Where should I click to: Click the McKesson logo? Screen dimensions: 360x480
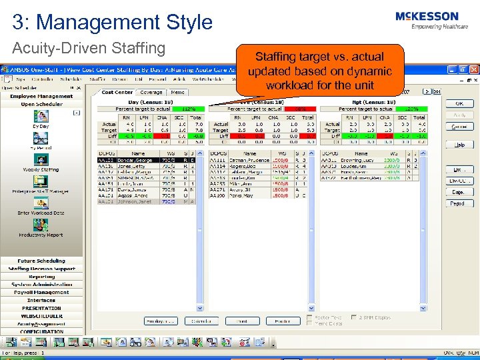pos(427,20)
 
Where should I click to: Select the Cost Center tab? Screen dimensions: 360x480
pos(117,92)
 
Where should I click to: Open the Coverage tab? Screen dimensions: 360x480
pos(151,92)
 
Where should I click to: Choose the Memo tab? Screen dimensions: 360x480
pos(177,92)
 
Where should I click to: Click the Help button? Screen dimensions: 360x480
pos(459,144)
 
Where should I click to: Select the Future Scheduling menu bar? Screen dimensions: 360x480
pos(41,261)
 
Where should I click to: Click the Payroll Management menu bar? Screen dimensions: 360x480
pos(41,292)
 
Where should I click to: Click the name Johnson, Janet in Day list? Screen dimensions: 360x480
pos(138,201)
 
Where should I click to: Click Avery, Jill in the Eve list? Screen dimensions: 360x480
pos(241,189)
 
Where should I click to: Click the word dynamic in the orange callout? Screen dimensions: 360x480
pos(361,71)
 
